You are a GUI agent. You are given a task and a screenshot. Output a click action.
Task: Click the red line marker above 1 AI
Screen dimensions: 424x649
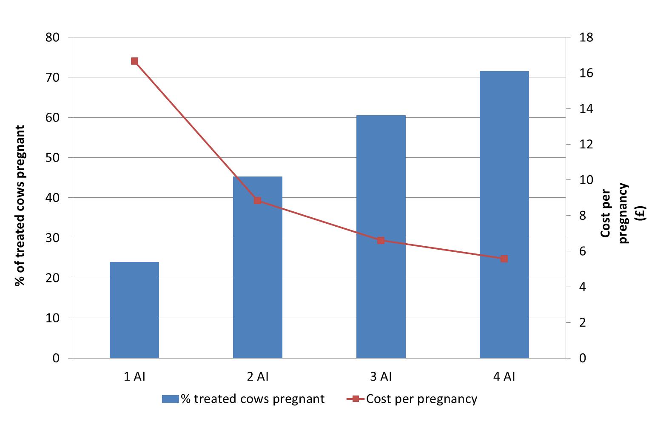(134, 61)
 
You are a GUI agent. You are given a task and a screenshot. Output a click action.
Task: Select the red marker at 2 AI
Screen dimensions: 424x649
(258, 200)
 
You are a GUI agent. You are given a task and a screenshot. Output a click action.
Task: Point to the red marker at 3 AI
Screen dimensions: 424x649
(381, 240)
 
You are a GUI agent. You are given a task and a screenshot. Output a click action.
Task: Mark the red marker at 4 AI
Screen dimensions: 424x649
(504, 259)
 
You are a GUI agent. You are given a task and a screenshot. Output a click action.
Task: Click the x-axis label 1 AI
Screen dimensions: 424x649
(134, 376)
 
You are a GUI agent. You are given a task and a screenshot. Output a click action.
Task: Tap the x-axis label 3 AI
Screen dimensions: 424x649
(381, 376)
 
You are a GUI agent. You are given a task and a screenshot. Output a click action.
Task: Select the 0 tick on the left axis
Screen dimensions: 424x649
(56, 358)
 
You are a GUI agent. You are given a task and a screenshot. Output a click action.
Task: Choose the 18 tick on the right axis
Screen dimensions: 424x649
(586, 37)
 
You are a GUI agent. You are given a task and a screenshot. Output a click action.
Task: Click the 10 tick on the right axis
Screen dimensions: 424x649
(586, 180)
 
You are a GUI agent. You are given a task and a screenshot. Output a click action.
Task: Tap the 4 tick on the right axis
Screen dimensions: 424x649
(583, 287)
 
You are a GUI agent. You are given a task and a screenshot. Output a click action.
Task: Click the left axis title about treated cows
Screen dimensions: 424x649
(20, 206)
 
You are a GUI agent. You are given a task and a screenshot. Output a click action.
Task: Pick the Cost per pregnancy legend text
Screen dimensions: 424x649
(421, 399)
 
